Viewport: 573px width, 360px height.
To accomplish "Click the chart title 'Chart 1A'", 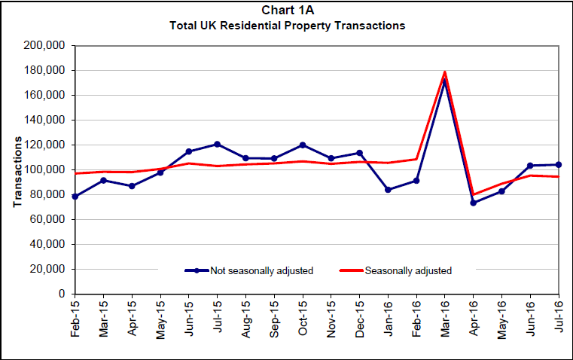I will click(286, 11).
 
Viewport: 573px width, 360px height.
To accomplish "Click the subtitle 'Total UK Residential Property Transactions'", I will click(286, 26).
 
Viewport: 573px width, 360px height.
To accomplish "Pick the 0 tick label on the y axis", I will click(62, 294).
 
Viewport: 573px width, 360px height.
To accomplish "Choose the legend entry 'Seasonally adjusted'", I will click(407, 270).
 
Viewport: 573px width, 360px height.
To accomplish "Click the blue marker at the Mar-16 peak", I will click(445, 81).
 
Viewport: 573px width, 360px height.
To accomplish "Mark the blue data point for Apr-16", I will click(473, 203).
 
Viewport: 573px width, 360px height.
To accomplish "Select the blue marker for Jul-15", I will click(218, 144).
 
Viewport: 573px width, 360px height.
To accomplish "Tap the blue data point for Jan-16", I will click(388, 190).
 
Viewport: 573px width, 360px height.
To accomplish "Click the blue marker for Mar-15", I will click(104, 180).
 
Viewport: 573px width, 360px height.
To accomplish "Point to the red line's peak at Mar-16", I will click(445, 72).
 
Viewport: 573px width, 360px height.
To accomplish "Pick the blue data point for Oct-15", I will click(303, 145).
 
